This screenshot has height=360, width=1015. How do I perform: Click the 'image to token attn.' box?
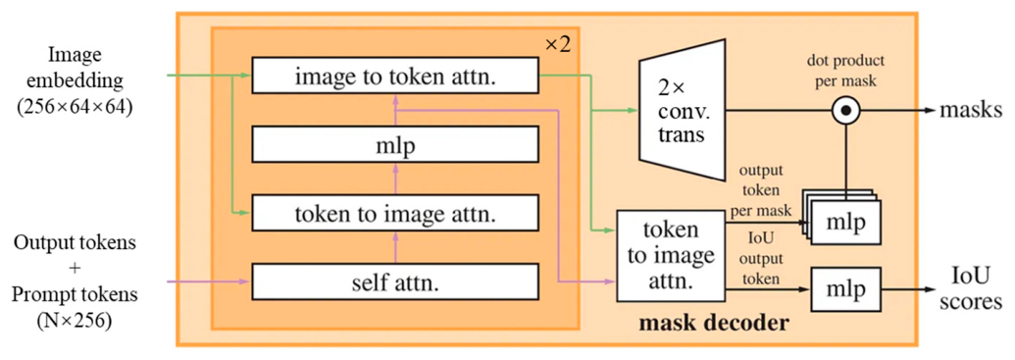pos(395,75)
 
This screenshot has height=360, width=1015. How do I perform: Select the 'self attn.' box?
pos(395,282)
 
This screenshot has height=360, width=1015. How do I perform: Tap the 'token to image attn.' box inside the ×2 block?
pos(395,213)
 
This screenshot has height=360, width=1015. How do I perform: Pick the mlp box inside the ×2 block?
pos(395,144)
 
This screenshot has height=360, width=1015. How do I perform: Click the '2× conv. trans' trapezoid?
pos(681,111)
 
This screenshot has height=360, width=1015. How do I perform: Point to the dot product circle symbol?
pos(846,111)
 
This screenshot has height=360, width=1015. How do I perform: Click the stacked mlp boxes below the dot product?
pos(841,215)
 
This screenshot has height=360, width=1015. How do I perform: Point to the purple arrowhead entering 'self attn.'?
pos(245,282)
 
